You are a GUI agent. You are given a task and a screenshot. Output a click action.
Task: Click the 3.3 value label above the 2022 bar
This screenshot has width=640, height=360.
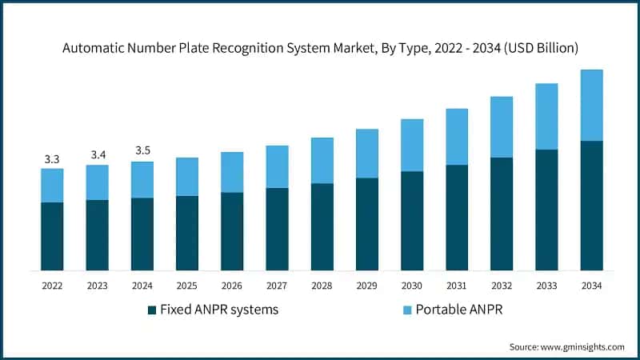(x=52, y=159)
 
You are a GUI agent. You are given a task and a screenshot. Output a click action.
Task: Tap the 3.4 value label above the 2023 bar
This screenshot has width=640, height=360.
(x=98, y=154)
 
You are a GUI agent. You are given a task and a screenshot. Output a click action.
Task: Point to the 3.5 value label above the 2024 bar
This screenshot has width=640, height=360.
(x=142, y=150)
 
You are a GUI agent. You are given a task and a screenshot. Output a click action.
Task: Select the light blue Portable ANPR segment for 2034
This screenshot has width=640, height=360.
(x=591, y=105)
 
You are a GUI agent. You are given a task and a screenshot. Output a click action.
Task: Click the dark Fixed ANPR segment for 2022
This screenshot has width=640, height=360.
(x=52, y=236)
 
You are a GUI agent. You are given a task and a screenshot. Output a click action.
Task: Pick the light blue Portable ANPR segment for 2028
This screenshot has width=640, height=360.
(x=322, y=160)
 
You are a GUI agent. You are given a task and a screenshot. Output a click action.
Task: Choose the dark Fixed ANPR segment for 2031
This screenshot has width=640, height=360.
(x=457, y=218)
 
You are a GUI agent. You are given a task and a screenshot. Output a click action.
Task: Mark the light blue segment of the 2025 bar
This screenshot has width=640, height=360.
(x=187, y=176)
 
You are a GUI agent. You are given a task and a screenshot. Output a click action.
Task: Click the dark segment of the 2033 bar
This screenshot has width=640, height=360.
(x=546, y=210)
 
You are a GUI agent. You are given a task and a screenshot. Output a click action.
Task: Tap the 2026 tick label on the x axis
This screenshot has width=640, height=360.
(x=232, y=286)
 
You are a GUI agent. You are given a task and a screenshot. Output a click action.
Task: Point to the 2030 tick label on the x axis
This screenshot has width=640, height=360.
(x=412, y=286)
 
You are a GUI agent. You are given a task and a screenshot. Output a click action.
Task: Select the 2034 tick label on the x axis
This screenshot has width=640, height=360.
(x=591, y=286)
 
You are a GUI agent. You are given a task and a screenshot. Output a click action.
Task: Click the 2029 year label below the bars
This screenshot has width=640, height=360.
(x=367, y=286)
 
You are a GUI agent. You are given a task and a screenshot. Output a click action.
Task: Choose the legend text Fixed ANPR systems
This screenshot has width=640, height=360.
(x=218, y=310)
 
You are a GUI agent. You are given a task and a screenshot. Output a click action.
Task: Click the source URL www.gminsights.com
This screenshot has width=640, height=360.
(x=584, y=346)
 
